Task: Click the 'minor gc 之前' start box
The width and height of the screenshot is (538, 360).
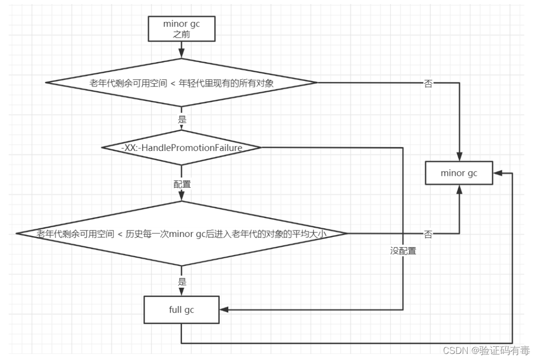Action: pos(182,29)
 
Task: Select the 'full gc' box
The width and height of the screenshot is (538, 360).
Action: pos(182,310)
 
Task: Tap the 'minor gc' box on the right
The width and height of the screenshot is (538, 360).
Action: pos(459,173)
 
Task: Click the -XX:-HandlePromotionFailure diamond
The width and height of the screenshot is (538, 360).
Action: pos(182,147)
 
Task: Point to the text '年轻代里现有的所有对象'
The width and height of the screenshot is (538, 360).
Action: pos(226,83)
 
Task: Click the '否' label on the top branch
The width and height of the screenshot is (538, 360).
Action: pos(428,83)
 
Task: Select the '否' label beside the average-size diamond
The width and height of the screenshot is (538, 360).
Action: pos(428,234)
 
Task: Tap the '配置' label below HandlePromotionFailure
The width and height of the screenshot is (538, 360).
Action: pos(182,184)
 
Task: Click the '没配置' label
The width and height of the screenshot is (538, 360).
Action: pos(403,251)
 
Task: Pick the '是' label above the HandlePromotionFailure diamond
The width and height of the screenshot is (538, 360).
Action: pos(182,119)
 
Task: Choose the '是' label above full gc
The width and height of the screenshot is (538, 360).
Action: pos(182,282)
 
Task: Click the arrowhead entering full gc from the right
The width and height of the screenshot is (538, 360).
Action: pos(224,310)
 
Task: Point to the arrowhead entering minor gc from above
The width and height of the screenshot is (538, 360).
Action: pos(459,157)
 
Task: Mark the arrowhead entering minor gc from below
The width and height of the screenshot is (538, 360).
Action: pos(459,190)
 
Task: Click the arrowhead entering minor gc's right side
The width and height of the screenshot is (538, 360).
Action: pos(497,173)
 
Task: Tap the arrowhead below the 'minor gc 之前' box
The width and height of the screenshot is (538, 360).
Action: pos(182,53)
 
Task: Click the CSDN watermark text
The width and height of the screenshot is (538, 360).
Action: pos(486,350)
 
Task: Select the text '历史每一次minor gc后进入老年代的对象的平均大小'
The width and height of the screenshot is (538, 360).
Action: pos(226,234)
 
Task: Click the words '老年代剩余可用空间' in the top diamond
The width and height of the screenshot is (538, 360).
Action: pos(128,83)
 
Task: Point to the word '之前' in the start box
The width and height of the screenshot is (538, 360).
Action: pos(182,34)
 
